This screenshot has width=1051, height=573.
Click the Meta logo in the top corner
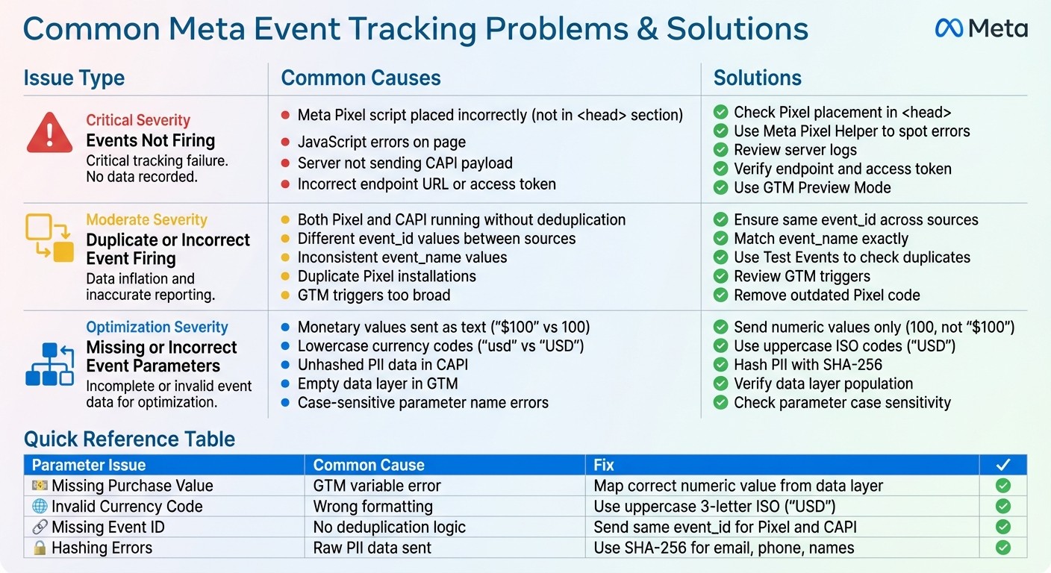pyautogui.click(x=981, y=29)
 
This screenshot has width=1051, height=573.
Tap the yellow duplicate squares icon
pyautogui.click(x=49, y=238)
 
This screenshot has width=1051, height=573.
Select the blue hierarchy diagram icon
pyautogui.click(x=49, y=364)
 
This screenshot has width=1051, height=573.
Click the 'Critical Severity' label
pyautogui.click(x=138, y=120)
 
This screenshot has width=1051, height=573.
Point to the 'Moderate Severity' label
pyautogui.click(x=146, y=220)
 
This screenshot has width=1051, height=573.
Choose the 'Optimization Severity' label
pyautogui.click(x=157, y=328)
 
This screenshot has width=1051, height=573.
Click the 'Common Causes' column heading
pyautogui.click(x=361, y=78)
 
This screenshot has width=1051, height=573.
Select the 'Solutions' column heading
pyautogui.click(x=757, y=78)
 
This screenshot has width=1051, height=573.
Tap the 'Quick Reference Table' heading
pyautogui.click(x=129, y=439)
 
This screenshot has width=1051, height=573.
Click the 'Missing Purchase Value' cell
pyautogui.click(x=132, y=486)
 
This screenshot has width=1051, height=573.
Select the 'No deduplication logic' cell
pyautogui.click(x=389, y=527)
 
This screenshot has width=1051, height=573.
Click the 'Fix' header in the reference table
pyautogui.click(x=604, y=465)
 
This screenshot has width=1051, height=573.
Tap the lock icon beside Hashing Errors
pyautogui.click(x=40, y=548)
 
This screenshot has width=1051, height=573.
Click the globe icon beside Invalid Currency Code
pyautogui.click(x=40, y=507)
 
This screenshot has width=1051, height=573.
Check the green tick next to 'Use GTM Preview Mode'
pyautogui.click(x=720, y=188)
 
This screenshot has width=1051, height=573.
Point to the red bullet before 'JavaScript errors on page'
pyautogui.click(x=285, y=143)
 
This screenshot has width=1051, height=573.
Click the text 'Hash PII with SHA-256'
pyautogui.click(x=808, y=365)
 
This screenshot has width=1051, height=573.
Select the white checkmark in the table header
pyautogui.click(x=1002, y=465)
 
